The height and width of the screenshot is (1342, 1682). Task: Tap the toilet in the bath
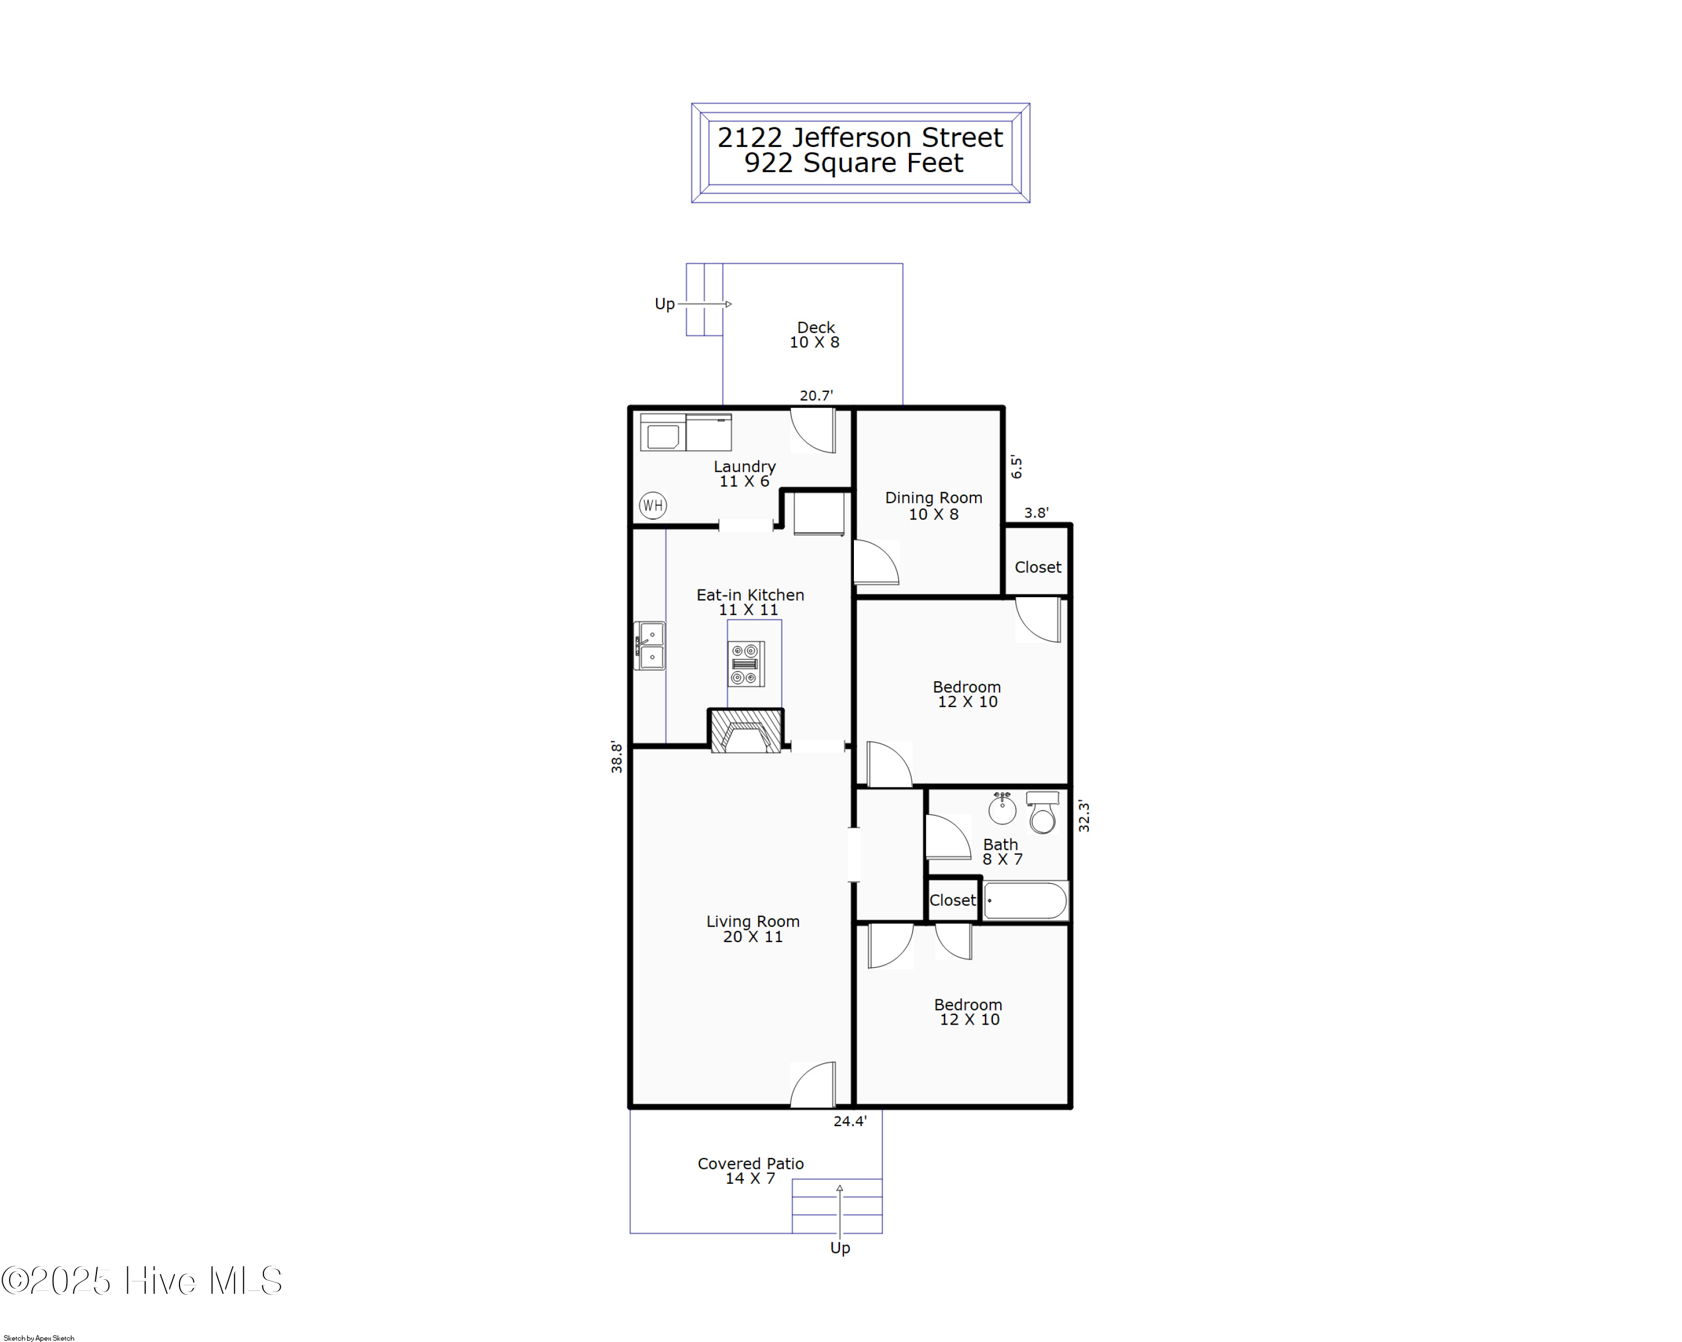1042,812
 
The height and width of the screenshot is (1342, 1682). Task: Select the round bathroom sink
1002,808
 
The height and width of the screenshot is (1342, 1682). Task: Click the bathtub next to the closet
1025,901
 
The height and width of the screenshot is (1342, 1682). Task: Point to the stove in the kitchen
746,664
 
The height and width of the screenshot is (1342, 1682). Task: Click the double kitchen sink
650,646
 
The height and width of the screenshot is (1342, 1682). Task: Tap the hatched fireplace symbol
746,731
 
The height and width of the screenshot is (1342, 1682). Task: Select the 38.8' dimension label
616,757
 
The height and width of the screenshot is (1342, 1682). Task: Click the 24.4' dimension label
849,1121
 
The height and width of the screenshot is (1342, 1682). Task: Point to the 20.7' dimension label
816,395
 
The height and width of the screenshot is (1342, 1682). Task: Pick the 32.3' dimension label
1084,816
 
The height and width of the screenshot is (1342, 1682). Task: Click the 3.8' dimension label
1036,513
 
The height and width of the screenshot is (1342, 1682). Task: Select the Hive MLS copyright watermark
141,1281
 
